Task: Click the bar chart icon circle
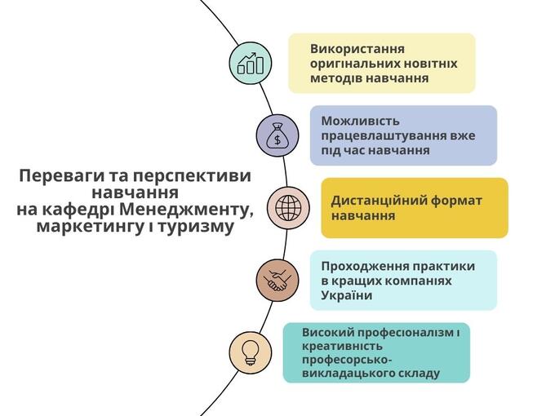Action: tap(251, 62)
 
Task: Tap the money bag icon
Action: tap(277, 134)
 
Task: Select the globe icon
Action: tap(287, 206)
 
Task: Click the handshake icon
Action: tap(277, 280)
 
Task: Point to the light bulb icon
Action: tap(251, 352)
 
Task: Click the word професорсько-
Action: tap(347, 360)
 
